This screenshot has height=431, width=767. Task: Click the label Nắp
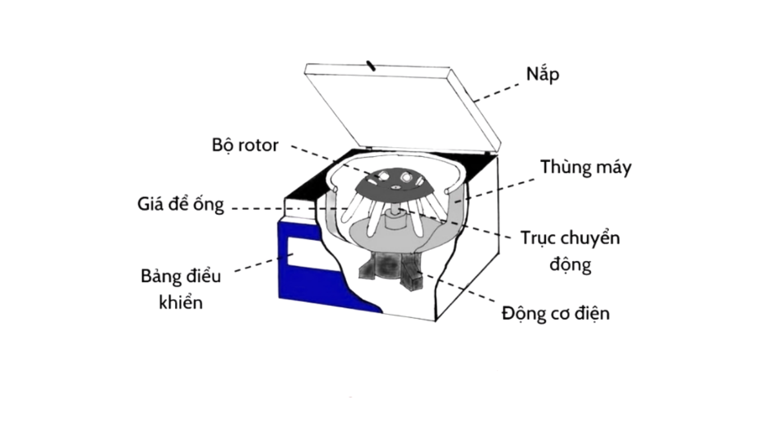(x=542, y=74)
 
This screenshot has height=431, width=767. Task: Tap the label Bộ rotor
(x=245, y=145)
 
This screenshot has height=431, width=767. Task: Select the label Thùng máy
(x=586, y=167)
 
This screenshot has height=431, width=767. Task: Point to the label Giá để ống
(x=180, y=204)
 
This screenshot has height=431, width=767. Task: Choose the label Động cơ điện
(x=555, y=313)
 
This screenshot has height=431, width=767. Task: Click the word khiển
(x=180, y=302)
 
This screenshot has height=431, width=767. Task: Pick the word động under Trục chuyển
(x=570, y=264)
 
